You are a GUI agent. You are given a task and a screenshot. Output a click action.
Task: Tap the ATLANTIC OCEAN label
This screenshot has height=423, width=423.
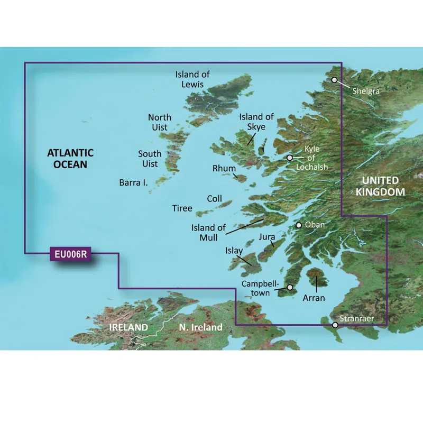click(70, 159)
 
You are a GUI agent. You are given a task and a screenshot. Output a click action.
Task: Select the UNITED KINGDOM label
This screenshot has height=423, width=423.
click(380, 186)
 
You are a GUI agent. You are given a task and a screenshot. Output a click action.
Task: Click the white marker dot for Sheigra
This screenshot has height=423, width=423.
click(334, 80)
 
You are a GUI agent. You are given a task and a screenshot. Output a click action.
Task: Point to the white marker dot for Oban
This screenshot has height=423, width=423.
click(299, 225)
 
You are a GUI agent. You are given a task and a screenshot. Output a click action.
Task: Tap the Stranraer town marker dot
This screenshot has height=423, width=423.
click(334, 325)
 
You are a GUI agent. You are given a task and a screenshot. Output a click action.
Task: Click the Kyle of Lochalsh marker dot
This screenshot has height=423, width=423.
click(289, 158)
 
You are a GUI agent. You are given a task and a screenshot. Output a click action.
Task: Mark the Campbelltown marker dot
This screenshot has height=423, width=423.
click(290, 288)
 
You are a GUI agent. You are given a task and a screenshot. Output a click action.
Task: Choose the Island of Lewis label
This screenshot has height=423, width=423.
click(192, 79)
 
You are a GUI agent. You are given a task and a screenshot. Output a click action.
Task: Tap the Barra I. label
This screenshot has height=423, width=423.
click(133, 183)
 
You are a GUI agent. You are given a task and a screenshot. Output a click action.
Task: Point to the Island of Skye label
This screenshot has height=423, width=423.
click(256, 122)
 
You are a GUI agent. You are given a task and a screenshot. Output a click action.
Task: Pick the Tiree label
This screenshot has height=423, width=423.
click(182, 208)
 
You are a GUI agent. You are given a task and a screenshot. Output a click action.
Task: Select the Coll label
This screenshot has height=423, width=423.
click(215, 198)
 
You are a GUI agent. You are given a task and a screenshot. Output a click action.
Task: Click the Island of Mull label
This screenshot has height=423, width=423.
click(208, 233)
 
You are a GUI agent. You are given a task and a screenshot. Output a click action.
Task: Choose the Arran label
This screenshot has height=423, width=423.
click(314, 298)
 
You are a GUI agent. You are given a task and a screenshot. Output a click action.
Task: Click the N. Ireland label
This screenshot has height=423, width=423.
click(200, 328)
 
